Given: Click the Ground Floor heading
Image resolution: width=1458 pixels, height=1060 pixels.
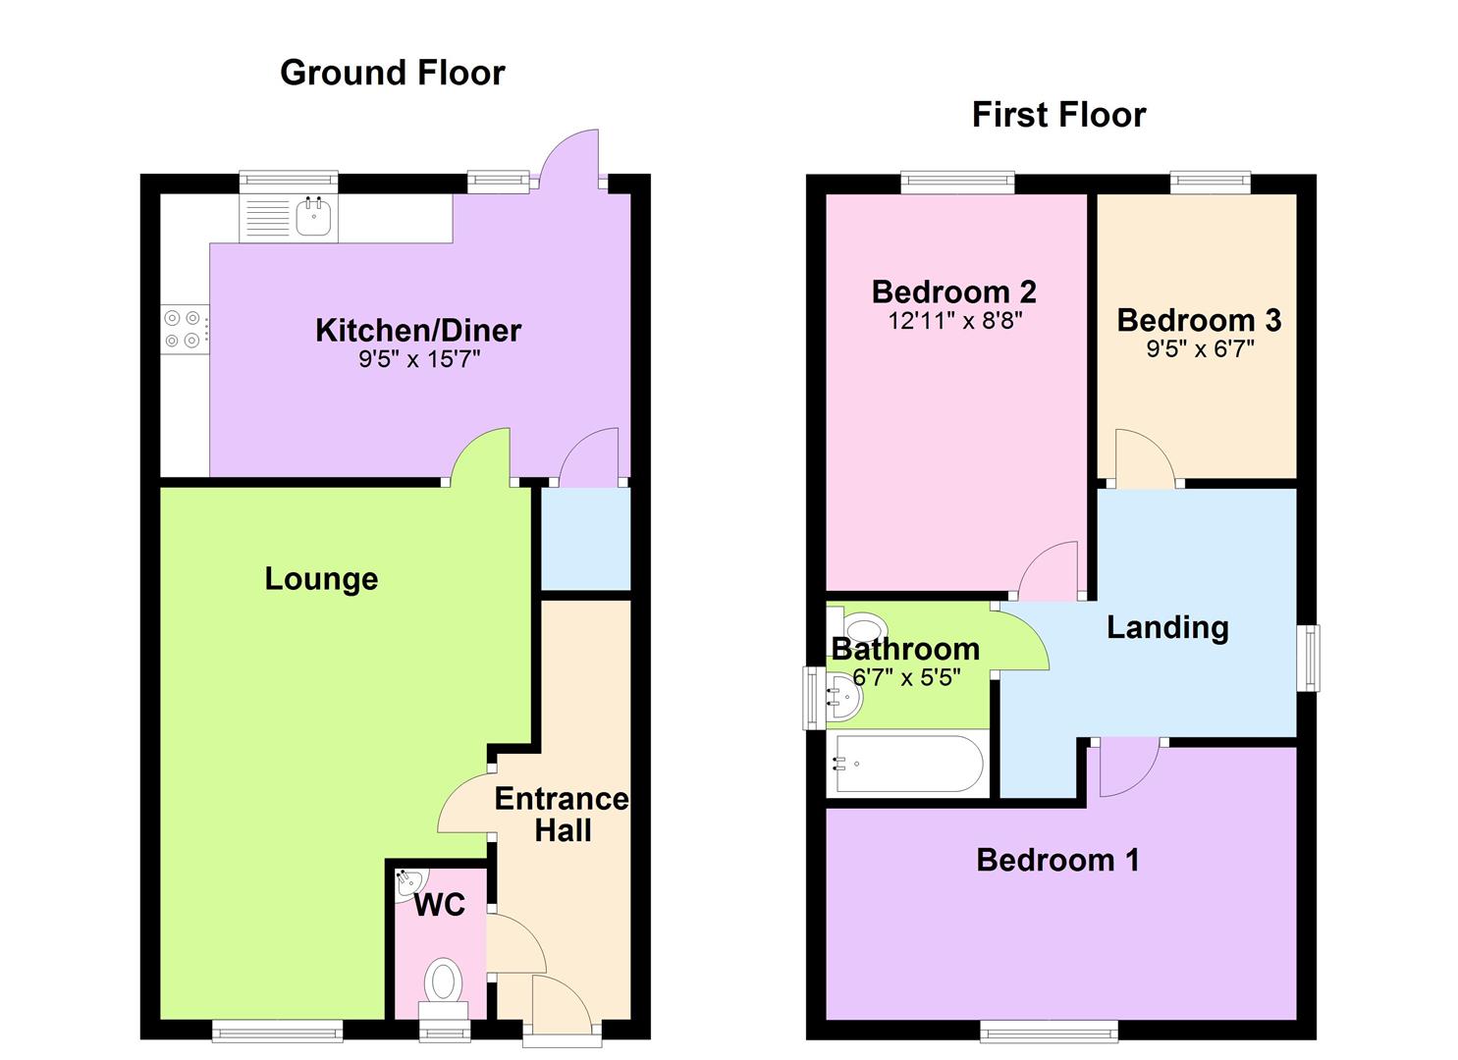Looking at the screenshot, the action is [392, 73].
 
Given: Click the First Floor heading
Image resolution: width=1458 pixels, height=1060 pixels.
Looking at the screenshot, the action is [1058, 115].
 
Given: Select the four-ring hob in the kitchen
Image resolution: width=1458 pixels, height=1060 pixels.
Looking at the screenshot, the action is [185, 329].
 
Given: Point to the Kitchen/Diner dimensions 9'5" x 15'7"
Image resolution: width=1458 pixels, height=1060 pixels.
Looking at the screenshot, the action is [419, 358].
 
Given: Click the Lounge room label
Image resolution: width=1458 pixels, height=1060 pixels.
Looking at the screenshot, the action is [321, 579].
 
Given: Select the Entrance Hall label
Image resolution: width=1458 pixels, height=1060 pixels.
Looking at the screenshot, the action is [562, 815].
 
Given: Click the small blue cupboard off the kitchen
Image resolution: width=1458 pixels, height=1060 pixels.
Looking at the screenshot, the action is [586, 539].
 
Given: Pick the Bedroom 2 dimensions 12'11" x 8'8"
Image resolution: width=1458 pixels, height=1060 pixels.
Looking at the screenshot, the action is [955, 320].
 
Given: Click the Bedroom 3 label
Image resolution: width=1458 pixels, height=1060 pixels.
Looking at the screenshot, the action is [1199, 320].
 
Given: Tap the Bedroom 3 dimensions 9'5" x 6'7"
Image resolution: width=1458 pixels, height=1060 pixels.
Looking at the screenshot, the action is [1200, 348].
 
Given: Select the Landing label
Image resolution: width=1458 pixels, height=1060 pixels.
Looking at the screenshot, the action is [1167, 628].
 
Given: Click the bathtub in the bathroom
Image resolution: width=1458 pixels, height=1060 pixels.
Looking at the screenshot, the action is [908, 764].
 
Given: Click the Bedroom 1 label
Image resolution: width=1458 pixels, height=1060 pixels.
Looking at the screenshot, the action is [1057, 860].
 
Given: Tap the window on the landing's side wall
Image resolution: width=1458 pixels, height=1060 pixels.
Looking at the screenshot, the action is [1308, 658].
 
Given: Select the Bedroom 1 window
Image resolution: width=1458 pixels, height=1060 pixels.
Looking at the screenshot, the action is [1050, 1031].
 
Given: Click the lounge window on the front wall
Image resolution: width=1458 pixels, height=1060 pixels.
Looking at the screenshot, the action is [277, 1031].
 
